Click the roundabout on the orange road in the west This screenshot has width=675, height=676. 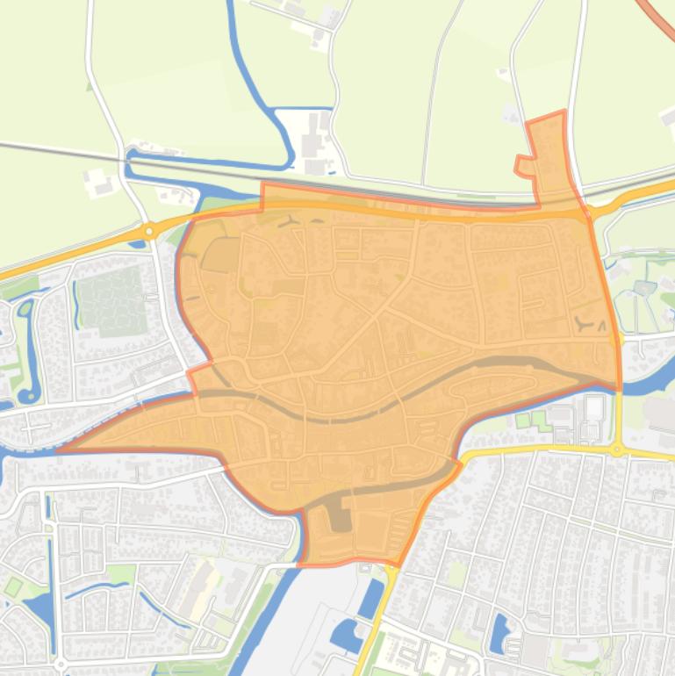click(149, 232)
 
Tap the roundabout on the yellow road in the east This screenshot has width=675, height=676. click(618, 450)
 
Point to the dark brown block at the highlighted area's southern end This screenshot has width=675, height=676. click(340, 517)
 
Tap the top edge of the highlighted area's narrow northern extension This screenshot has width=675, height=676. click(546, 117)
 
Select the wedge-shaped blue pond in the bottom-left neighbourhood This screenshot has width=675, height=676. click(39, 606)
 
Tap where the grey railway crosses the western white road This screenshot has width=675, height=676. click(120, 155)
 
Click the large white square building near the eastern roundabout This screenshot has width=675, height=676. click(594, 407)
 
